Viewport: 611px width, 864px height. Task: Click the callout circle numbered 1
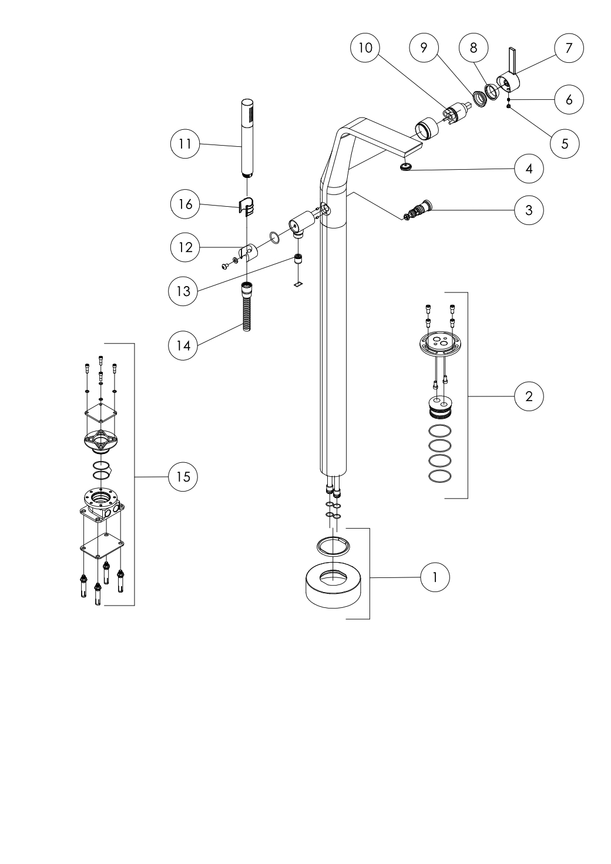click(435, 577)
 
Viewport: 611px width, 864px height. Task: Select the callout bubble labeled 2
click(529, 396)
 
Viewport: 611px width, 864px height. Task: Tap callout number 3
click(529, 210)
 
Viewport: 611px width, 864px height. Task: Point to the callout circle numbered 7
click(569, 48)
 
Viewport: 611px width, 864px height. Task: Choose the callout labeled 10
click(365, 48)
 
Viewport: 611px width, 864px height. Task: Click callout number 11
click(185, 144)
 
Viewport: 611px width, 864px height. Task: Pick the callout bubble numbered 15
click(183, 477)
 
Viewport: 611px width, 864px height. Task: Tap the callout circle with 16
click(185, 204)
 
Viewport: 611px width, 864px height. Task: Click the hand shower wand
click(247, 138)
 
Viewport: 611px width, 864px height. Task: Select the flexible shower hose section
click(247, 307)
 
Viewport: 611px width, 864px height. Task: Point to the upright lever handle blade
click(513, 60)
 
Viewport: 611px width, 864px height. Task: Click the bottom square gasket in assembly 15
click(102, 546)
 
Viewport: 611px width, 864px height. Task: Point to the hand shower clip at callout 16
click(247, 205)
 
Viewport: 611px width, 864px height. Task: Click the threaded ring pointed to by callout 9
click(479, 99)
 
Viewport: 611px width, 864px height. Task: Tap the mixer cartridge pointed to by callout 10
click(456, 112)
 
